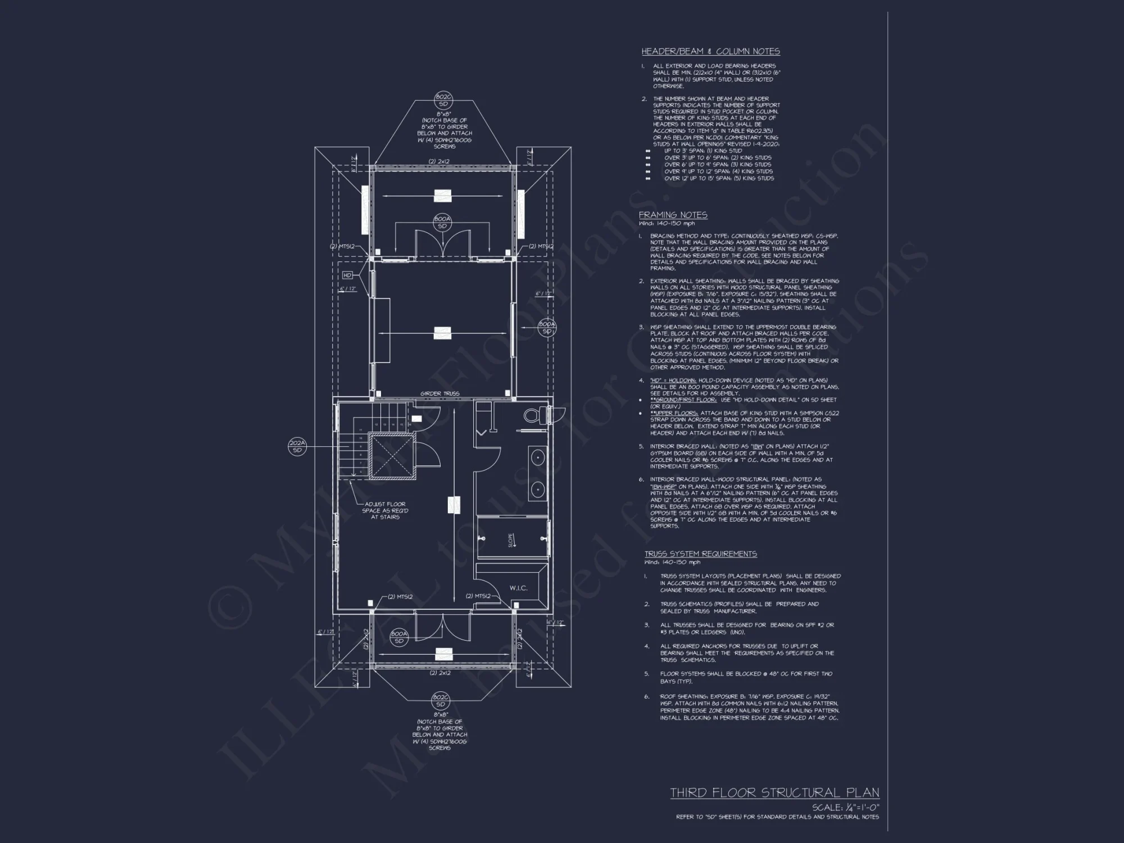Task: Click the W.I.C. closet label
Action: tap(518, 588)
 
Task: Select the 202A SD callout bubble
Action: tap(297, 447)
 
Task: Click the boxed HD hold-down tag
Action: tap(347, 275)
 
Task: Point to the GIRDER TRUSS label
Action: tap(439, 393)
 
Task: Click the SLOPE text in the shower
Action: tap(511, 540)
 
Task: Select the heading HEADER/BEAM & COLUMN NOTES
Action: tap(710, 51)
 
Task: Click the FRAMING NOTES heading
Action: tap(673, 215)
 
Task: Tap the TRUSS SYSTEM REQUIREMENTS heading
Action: tap(700, 554)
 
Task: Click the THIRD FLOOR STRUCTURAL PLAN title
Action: tap(774, 792)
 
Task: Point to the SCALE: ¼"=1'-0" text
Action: tap(845, 808)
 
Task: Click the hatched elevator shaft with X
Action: tap(392, 456)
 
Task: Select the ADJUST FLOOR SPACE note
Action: tap(385, 510)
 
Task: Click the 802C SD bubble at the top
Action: tap(443, 101)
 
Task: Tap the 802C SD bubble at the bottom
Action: tap(440, 701)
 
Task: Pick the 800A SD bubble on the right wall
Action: tap(547, 328)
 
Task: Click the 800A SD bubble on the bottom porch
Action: tap(398, 637)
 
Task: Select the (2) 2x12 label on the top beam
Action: tap(439, 161)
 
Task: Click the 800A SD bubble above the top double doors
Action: tap(442, 222)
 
